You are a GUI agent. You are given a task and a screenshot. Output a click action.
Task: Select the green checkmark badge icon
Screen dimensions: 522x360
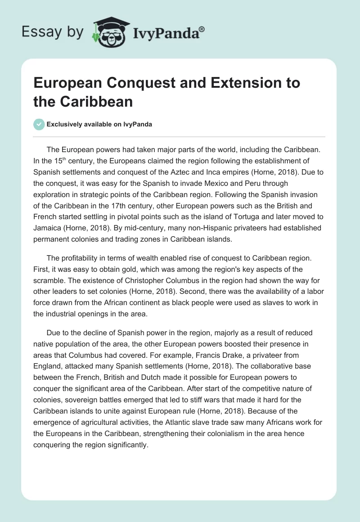pos(39,124)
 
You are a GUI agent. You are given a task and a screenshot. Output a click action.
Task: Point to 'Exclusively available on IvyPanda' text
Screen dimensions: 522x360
pos(99,124)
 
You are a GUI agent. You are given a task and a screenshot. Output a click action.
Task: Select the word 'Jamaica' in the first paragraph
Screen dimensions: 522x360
pos(48,228)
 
